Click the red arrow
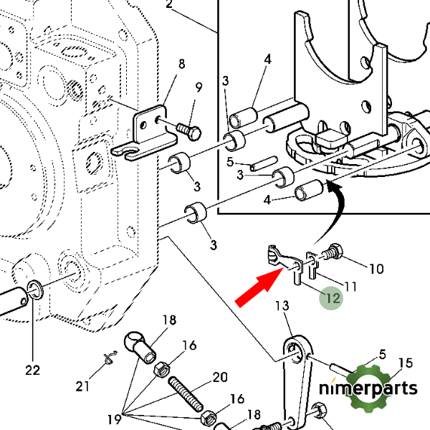pyautogui.click(x=259, y=287)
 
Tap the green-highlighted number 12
pyautogui.click(x=333, y=298)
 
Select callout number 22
pyautogui.click(x=33, y=371)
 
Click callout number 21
pyautogui.click(x=82, y=386)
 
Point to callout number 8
pyautogui.click(x=181, y=64)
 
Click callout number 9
pyautogui.click(x=199, y=87)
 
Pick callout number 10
pyautogui.click(x=376, y=269)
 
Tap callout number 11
pyautogui.click(x=350, y=287)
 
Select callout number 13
pyautogui.click(x=282, y=305)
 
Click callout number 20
pyautogui.click(x=220, y=378)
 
